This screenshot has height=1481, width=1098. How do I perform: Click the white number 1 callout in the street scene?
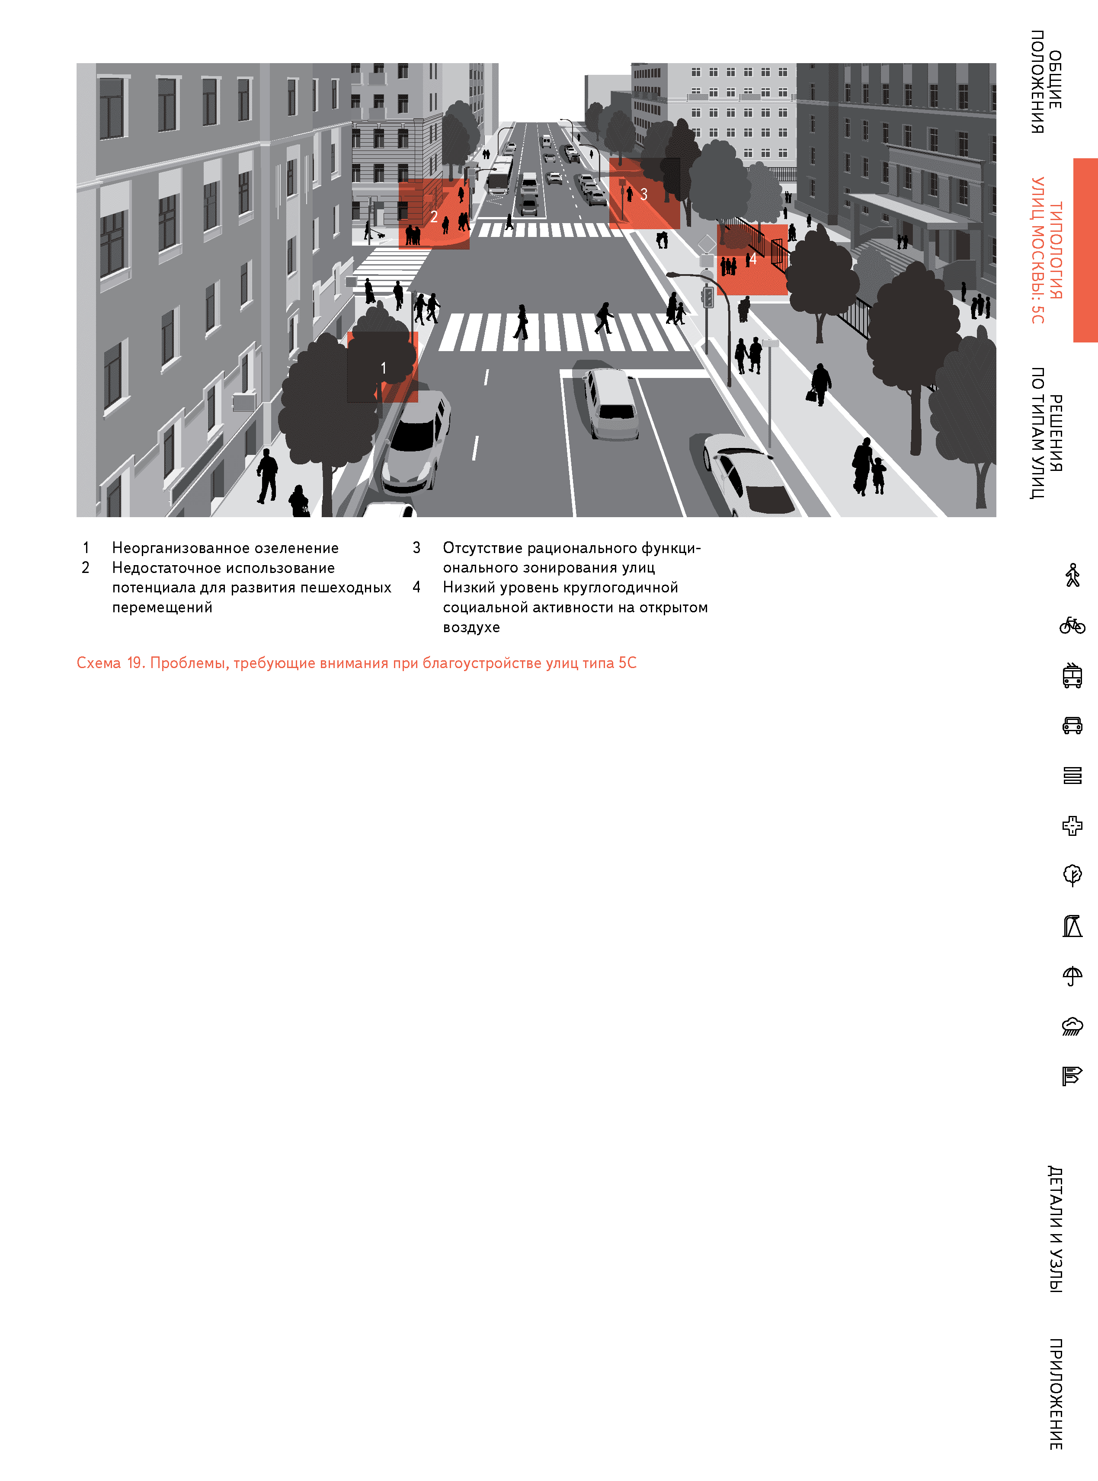pyautogui.click(x=383, y=368)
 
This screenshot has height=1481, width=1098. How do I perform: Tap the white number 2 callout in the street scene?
pyautogui.click(x=434, y=217)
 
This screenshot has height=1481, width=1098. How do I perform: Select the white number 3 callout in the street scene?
pyautogui.click(x=643, y=194)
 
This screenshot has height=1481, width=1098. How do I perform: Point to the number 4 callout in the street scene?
pyautogui.click(x=753, y=259)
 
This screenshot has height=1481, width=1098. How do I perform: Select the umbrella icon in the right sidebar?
pyautogui.click(x=1072, y=976)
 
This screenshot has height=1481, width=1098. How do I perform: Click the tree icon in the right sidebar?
pyautogui.click(x=1072, y=875)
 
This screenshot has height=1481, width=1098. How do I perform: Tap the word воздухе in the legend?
pyautogui.click(x=471, y=627)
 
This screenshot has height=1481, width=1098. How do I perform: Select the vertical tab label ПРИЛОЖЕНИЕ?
pyautogui.click(x=1056, y=1393)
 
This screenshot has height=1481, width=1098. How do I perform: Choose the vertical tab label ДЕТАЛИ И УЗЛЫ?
pyautogui.click(x=1056, y=1229)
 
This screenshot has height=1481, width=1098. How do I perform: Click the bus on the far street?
pyautogui.click(x=500, y=174)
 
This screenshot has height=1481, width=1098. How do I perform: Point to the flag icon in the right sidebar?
pyautogui.click(x=1072, y=1076)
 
